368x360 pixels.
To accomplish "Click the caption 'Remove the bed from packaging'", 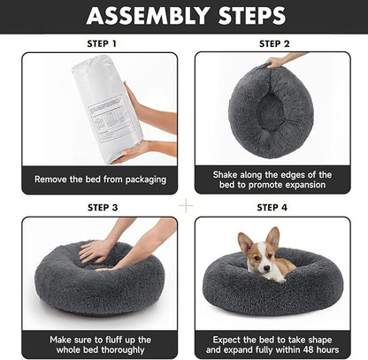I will point(100,179).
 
